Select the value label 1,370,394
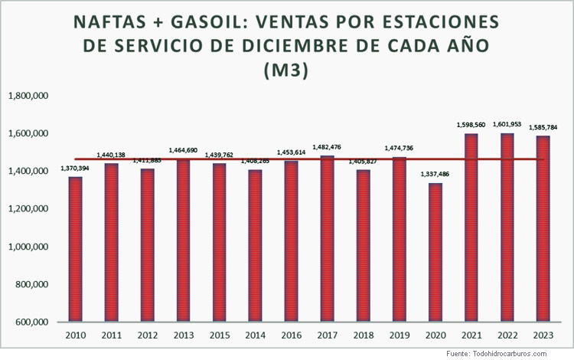[x=74, y=170]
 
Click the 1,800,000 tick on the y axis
[x=28, y=96]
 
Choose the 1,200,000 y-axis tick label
[x=28, y=208]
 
